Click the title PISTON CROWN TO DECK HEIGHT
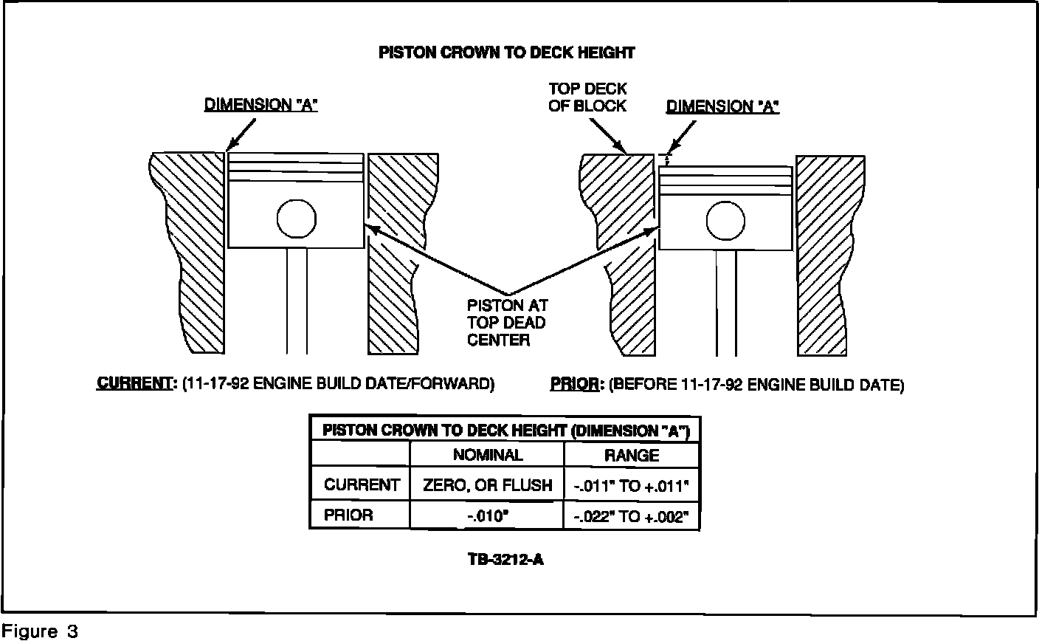pos(506,52)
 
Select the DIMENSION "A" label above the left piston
pos(260,105)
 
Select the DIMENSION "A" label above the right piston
pos(722,106)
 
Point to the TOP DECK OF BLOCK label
pos(587,97)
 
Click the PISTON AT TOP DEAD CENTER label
pos(508,322)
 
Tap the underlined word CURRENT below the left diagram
pos(134,384)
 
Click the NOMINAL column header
pos(487,455)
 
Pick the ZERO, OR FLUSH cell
pos(487,485)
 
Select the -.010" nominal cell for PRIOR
pos(487,515)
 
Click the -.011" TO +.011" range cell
pos(632,485)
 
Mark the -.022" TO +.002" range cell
pos(632,515)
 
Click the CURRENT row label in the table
pos(362,485)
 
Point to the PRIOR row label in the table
pos(348,515)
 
